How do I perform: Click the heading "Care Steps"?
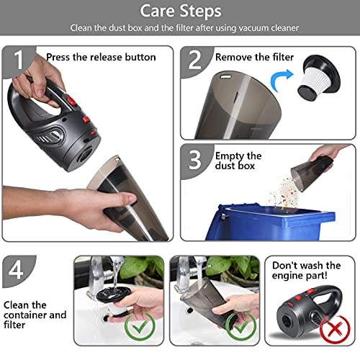point(181,12)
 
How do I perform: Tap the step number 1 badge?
point(18,60)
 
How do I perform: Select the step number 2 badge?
point(195,60)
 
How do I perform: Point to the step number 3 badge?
point(195,160)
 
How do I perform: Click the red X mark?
point(335,329)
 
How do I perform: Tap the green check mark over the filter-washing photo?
point(140,326)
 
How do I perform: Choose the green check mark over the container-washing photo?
point(240,326)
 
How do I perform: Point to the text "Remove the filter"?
point(254,57)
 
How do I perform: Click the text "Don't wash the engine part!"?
point(306,271)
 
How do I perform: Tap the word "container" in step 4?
point(25,315)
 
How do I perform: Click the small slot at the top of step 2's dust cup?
point(225,77)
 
